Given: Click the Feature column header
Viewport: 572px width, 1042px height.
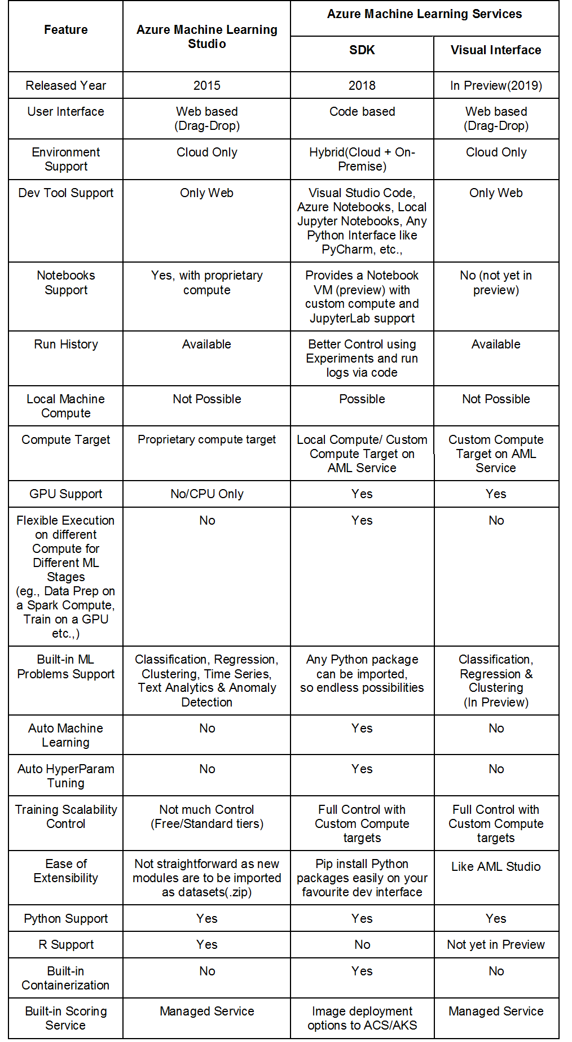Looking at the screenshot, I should pyautogui.click(x=66, y=30).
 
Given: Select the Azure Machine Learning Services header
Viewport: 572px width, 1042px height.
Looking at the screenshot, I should pyautogui.click(x=424, y=14).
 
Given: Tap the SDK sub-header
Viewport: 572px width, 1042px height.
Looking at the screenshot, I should pyautogui.click(x=362, y=50).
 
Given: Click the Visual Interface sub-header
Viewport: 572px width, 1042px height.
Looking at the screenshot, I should pyautogui.click(x=496, y=50).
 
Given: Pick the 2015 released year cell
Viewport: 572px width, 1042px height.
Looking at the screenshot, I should pyautogui.click(x=206, y=86).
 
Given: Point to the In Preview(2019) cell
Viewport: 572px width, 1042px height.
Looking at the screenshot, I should pyautogui.click(x=496, y=86).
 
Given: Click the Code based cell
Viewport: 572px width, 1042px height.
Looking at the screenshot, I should pyautogui.click(x=362, y=112).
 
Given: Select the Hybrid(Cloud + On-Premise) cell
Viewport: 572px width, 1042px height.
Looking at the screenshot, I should pyautogui.click(x=362, y=159).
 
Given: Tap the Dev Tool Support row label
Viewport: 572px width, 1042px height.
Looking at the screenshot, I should pyautogui.click(x=66, y=193).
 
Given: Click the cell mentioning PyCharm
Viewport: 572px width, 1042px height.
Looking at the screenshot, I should pyautogui.click(x=362, y=221).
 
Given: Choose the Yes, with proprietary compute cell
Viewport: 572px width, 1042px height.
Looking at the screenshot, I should pyautogui.click(x=206, y=282).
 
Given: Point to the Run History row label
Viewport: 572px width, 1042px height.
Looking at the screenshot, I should pyautogui.click(x=66, y=345).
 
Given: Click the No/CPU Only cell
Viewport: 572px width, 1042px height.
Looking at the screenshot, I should pyautogui.click(x=206, y=494).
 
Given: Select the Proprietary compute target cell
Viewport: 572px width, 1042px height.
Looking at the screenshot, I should pyautogui.click(x=206, y=440).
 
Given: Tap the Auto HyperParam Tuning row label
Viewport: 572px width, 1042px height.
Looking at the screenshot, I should pyautogui.click(x=66, y=776).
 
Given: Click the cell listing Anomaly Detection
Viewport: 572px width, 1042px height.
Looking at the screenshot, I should pyautogui.click(x=206, y=681).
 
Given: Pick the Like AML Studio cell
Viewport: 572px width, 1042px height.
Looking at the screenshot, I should pyautogui.click(x=496, y=867).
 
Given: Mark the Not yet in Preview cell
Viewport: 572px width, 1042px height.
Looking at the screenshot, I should pyautogui.click(x=496, y=945).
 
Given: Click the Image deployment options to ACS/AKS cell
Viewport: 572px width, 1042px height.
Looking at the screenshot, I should pyautogui.click(x=362, y=1018).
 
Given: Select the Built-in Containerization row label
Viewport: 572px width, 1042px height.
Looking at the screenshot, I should pyautogui.click(x=66, y=978).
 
